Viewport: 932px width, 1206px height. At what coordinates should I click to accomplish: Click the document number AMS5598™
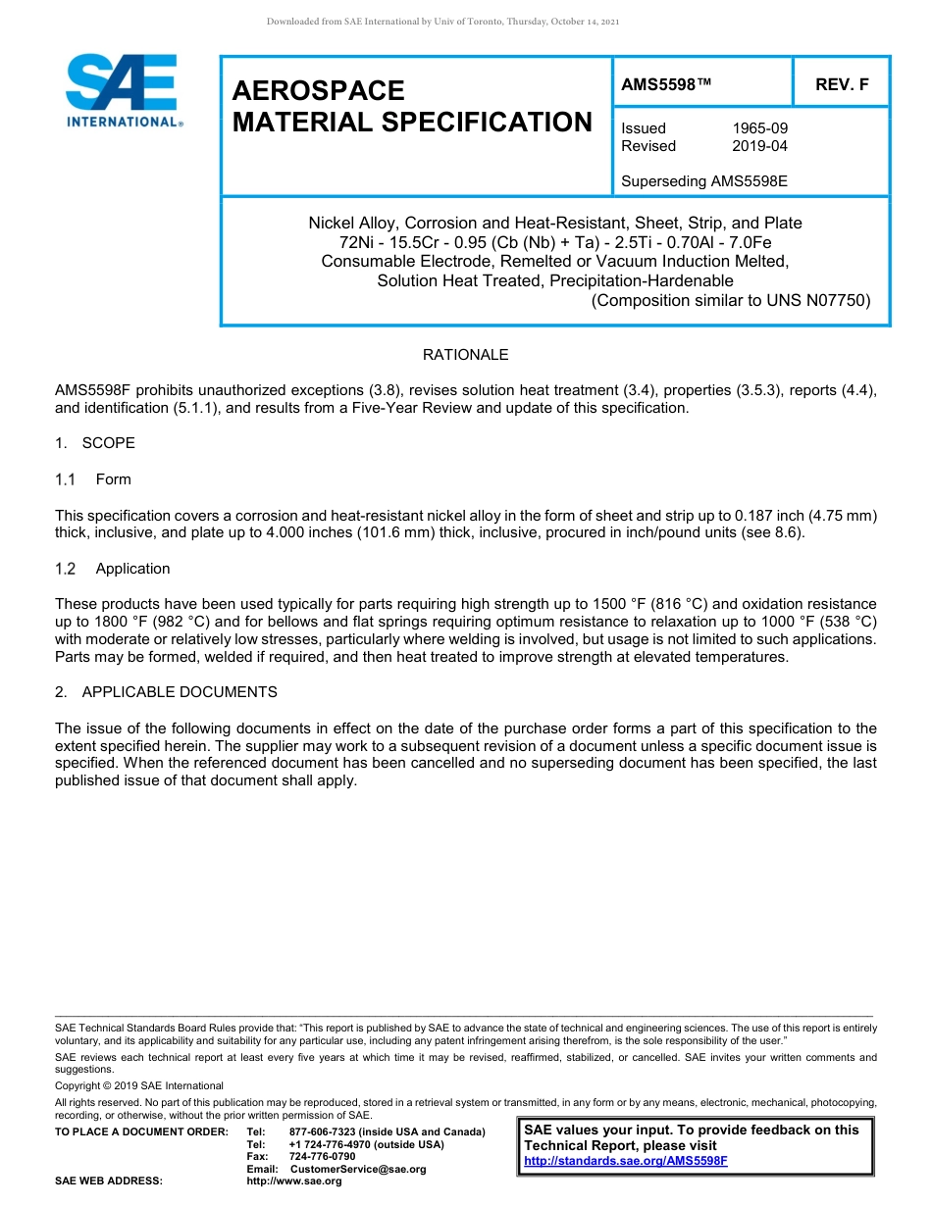click(x=666, y=85)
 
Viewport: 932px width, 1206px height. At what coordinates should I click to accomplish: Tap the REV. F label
click(x=842, y=85)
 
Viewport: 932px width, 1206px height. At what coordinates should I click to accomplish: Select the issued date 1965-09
click(x=759, y=128)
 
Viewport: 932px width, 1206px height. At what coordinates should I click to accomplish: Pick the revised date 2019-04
click(x=759, y=146)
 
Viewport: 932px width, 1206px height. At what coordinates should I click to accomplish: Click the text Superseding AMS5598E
click(x=704, y=181)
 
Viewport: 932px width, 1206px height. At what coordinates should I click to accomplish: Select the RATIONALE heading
click(x=465, y=355)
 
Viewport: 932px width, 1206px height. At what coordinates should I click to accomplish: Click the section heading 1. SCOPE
click(x=95, y=443)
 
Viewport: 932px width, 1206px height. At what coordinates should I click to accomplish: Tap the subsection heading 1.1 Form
click(x=93, y=479)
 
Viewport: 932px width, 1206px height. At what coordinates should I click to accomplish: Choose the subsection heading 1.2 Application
click(x=113, y=569)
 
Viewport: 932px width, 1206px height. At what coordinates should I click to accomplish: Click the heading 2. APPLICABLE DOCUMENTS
click(x=166, y=692)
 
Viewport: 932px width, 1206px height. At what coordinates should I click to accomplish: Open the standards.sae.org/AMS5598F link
click(x=626, y=1161)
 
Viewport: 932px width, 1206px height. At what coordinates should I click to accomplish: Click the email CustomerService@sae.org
click(x=358, y=1169)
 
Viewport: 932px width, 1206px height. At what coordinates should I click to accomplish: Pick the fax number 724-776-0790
click(x=322, y=1157)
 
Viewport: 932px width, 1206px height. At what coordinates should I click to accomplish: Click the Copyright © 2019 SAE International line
click(x=139, y=1085)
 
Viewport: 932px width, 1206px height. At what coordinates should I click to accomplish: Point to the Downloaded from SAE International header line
click(x=442, y=22)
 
